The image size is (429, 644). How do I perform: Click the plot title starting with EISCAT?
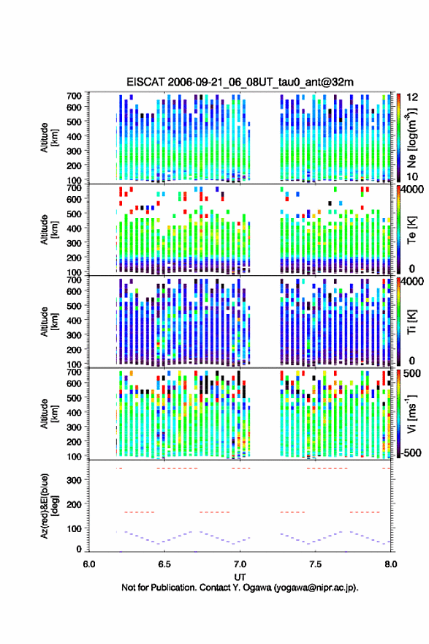[x=240, y=82]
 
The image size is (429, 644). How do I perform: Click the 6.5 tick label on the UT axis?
[x=164, y=564]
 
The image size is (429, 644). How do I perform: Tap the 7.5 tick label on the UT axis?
[x=316, y=564]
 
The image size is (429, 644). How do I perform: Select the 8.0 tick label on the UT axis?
[x=391, y=564]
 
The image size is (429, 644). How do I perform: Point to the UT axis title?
[x=240, y=577]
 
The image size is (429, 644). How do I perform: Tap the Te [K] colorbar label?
[x=411, y=230]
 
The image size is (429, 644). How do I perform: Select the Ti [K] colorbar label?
[x=411, y=322]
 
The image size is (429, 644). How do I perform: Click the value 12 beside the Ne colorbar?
[x=412, y=97]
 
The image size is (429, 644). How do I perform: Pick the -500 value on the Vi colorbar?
[x=411, y=452]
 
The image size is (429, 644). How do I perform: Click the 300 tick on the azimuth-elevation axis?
[x=74, y=480]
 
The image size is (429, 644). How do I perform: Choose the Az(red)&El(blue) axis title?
[x=49, y=506]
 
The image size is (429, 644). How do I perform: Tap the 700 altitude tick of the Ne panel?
[x=74, y=96]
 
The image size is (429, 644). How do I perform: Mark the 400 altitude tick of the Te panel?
[x=74, y=228]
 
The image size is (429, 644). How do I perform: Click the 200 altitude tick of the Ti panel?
[x=74, y=350]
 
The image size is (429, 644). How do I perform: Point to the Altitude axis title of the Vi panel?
[x=49, y=414]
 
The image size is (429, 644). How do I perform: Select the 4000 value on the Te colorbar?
[x=413, y=189]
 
